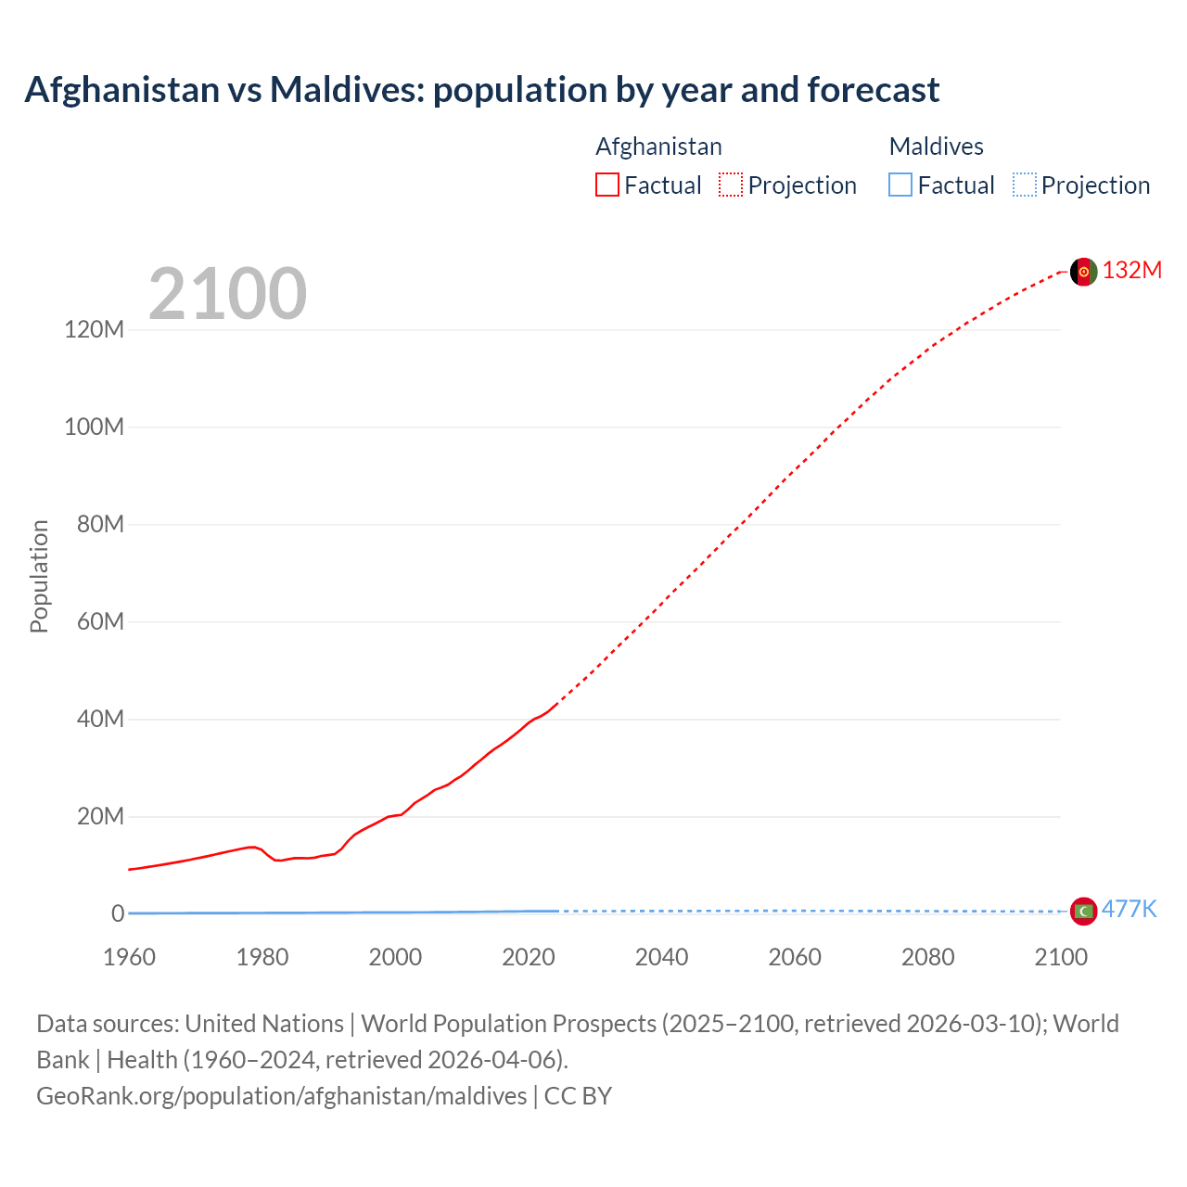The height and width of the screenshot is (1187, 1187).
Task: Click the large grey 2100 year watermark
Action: click(227, 294)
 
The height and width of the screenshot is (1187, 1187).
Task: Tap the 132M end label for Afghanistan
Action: click(1131, 270)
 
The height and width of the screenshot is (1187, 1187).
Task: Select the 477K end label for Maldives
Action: click(1129, 909)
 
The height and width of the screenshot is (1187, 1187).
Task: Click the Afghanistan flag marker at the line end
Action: click(1083, 272)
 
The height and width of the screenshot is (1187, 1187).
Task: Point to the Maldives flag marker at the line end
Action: click(1083, 912)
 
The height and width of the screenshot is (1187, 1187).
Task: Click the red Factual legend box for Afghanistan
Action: click(607, 185)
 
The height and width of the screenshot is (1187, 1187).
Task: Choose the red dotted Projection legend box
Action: click(731, 185)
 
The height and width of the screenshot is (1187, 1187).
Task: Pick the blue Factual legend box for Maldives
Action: click(900, 185)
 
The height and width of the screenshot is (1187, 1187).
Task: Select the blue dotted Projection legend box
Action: click(1025, 185)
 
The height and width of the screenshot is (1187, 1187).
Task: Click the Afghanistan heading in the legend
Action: click(658, 147)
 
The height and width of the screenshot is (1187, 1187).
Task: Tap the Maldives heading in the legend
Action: click(936, 147)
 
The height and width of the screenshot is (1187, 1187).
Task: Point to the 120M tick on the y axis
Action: click(94, 329)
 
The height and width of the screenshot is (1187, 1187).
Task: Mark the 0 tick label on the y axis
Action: click(118, 913)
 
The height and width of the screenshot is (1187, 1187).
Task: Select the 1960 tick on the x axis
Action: click(129, 957)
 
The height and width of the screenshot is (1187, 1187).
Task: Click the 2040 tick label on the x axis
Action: click(661, 957)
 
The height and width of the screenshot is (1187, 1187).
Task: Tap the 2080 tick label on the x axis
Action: click(927, 957)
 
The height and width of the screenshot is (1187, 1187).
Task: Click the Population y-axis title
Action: click(39, 576)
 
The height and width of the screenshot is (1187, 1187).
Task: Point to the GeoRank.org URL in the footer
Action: click(281, 1096)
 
